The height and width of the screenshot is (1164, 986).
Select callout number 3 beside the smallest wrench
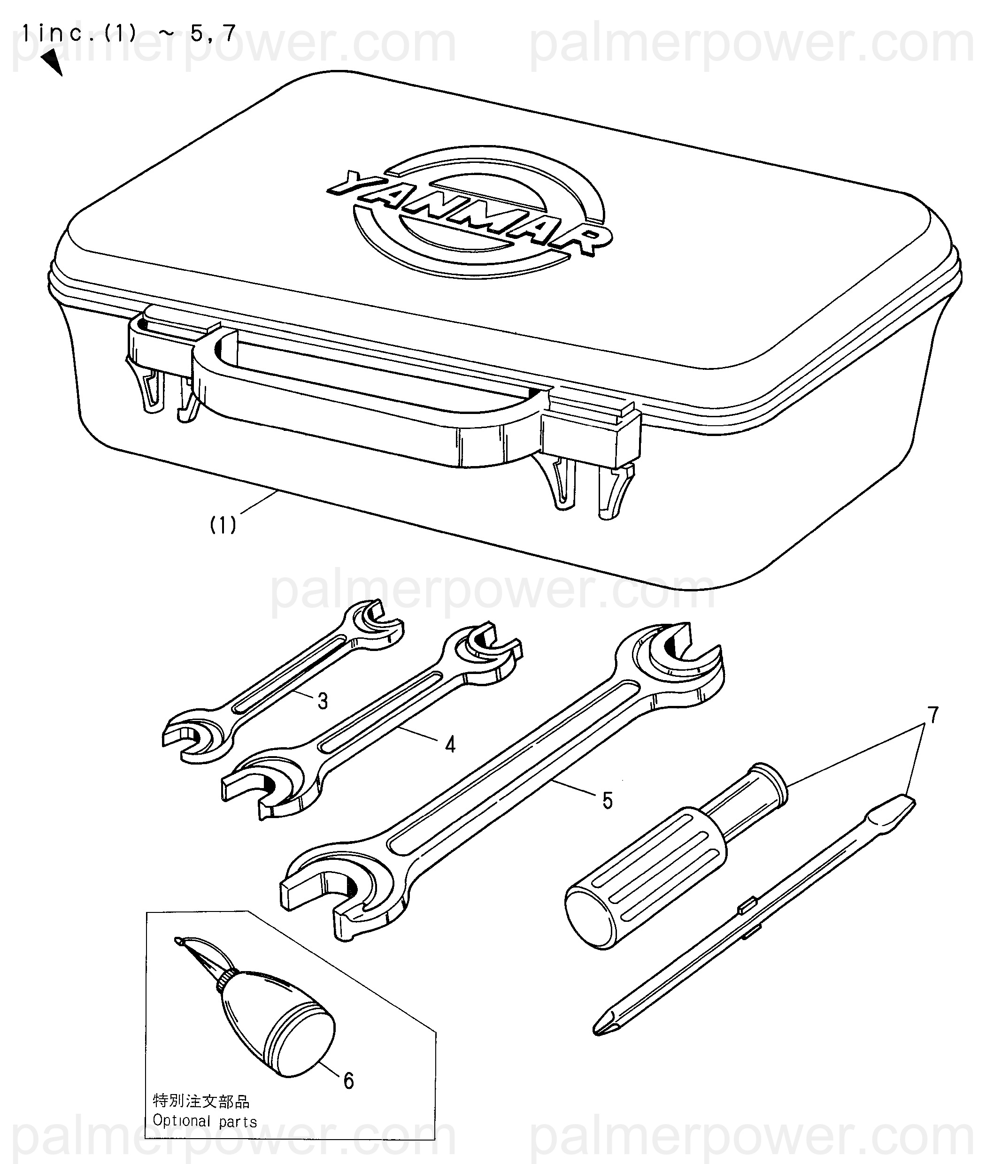[323, 701]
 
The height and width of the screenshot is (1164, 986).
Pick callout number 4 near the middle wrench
[450, 744]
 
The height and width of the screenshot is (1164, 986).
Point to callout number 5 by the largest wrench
[608, 801]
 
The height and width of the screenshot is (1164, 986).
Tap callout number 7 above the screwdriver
[932, 715]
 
